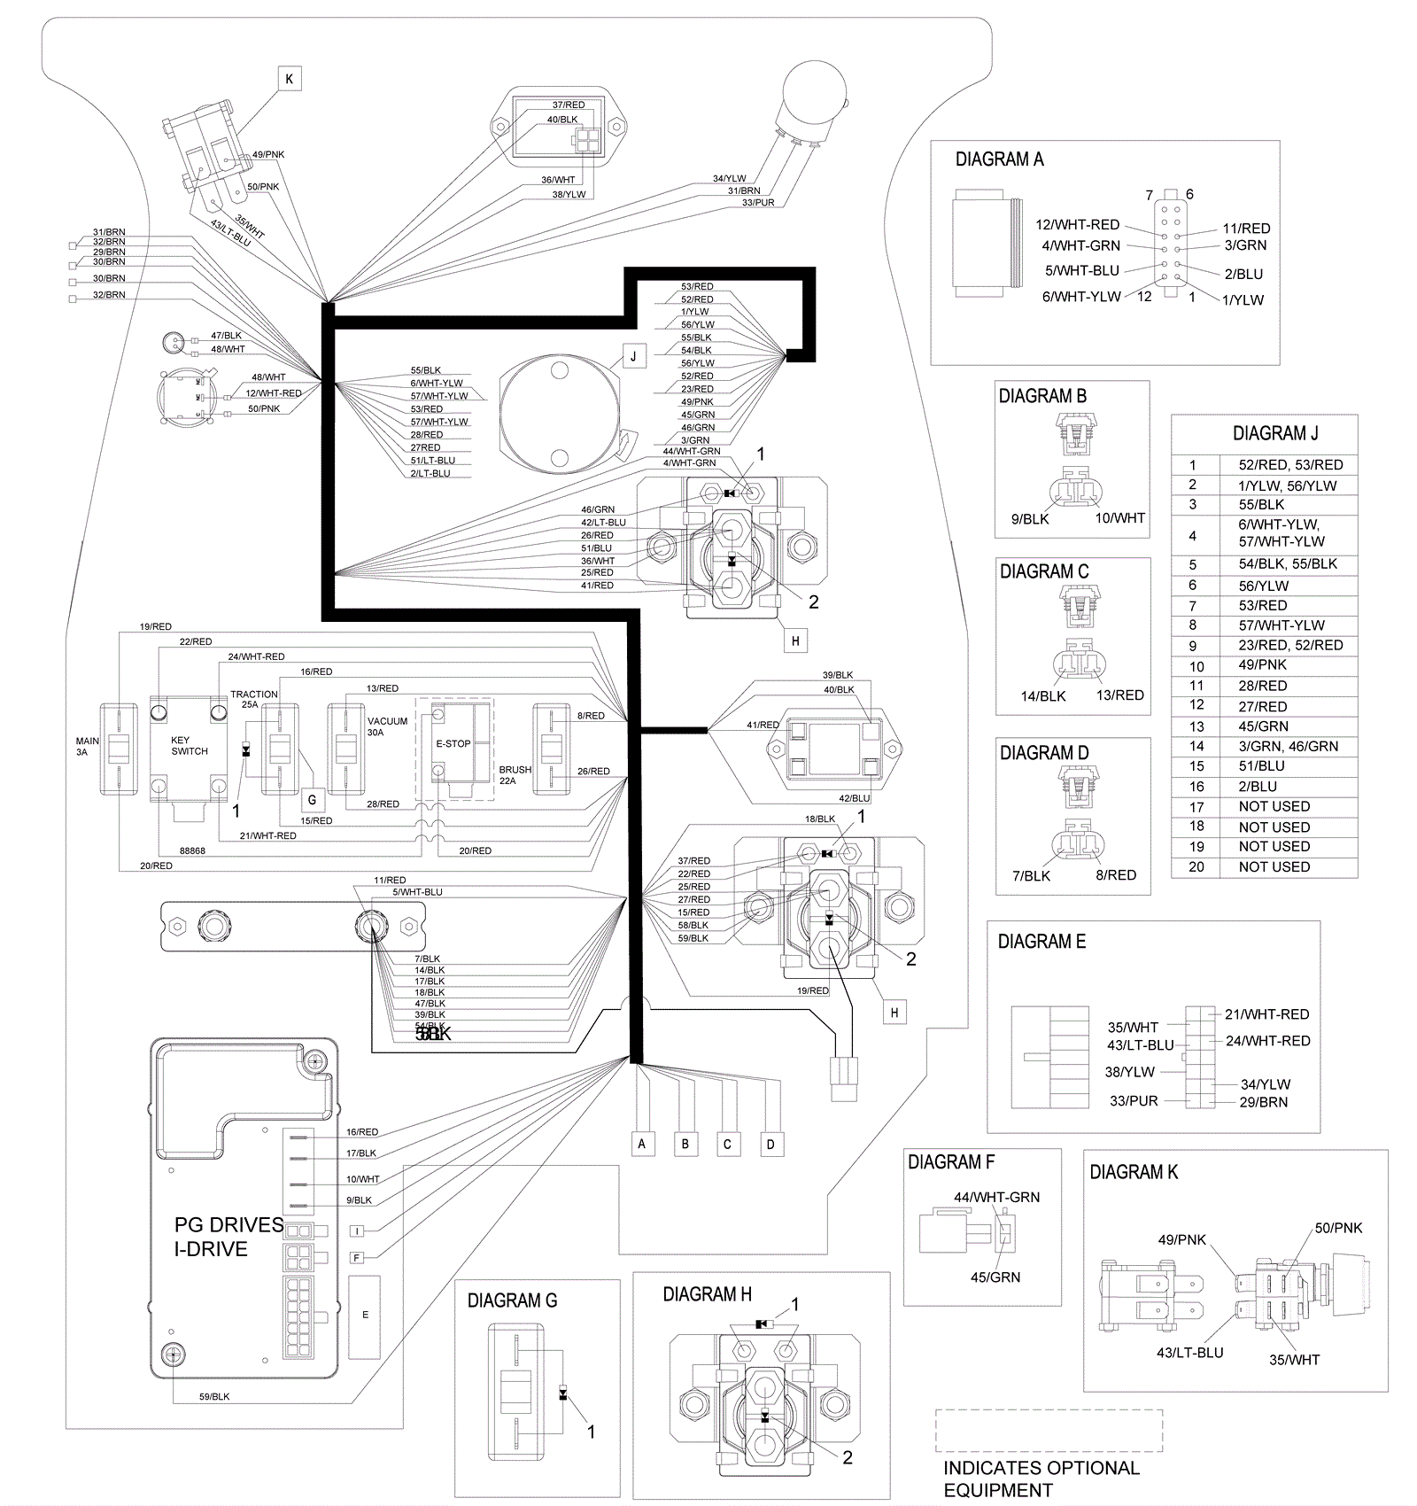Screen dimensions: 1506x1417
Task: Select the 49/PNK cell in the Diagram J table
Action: point(1262,664)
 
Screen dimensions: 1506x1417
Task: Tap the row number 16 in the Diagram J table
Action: point(1196,786)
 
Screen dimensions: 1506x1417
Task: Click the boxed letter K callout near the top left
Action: point(289,79)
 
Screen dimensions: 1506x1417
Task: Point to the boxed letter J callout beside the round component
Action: point(633,357)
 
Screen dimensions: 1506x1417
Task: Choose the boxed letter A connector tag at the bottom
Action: point(642,1144)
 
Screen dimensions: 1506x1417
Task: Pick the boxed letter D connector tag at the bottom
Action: point(770,1144)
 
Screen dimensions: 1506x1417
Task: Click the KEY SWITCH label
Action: point(190,745)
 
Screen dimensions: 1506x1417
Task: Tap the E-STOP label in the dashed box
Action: point(453,743)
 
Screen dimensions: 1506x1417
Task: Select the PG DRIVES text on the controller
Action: point(228,1224)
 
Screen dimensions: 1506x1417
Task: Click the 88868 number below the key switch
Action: point(192,850)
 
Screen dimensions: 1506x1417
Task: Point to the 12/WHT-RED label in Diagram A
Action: point(1077,224)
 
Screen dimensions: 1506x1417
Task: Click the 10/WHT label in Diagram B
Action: point(1119,517)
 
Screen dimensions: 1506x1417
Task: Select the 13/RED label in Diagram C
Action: point(1119,695)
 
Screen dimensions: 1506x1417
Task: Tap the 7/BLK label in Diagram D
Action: point(1031,875)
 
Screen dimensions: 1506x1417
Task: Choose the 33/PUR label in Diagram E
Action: point(1134,1100)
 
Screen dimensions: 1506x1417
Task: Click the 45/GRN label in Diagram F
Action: point(995,1277)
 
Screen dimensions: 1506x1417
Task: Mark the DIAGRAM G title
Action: point(512,1300)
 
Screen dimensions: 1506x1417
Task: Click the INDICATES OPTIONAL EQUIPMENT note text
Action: point(1041,1479)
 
